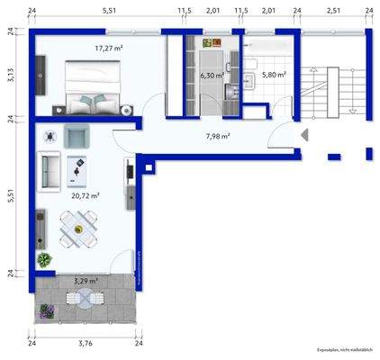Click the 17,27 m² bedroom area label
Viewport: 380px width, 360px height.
point(110,49)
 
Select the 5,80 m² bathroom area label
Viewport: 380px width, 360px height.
point(274,75)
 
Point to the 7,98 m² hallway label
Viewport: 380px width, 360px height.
point(217,137)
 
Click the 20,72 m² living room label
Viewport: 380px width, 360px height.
point(85,194)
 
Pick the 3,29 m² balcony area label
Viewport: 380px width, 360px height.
point(85,281)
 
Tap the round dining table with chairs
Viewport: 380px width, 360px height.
point(79,228)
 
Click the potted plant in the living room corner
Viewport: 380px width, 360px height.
point(43,259)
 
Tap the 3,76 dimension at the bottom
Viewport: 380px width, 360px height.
point(85,343)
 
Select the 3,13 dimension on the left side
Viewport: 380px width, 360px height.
point(12,76)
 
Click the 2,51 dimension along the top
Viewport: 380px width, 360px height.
point(333,11)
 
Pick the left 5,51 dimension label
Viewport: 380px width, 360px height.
point(12,197)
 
